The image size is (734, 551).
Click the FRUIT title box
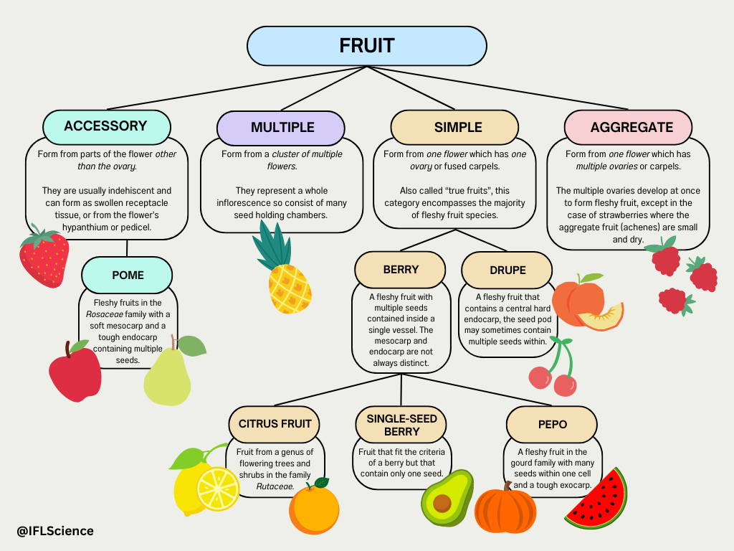click(366, 46)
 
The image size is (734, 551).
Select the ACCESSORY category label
click(105, 126)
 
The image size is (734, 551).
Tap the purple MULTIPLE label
click(282, 128)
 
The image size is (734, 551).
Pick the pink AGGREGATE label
click(631, 128)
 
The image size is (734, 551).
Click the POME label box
click(128, 275)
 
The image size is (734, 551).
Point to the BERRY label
click(400, 270)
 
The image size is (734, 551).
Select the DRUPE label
click(507, 270)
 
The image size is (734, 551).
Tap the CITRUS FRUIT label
click(275, 423)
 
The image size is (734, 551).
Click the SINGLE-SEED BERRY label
click(401, 425)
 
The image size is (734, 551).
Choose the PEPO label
click(552, 424)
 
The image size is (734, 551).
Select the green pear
click(169, 377)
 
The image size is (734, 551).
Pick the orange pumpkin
click(505, 510)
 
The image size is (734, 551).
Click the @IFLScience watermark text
click(55, 531)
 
